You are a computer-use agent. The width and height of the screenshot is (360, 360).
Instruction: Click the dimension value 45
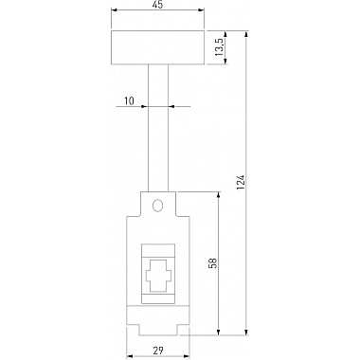click(158, 5)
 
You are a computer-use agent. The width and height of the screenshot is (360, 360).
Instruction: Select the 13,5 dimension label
click(219, 47)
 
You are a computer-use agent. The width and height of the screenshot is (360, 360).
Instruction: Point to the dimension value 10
click(129, 100)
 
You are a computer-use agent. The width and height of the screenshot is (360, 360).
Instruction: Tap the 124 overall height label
click(241, 183)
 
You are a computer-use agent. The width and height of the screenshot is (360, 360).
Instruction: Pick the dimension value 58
click(213, 263)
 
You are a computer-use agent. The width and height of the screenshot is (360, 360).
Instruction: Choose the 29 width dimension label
click(158, 351)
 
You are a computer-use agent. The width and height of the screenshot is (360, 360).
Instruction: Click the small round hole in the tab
click(157, 206)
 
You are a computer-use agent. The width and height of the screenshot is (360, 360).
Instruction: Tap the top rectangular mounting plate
click(158, 47)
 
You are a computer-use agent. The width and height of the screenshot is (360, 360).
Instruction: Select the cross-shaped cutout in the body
click(158, 276)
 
